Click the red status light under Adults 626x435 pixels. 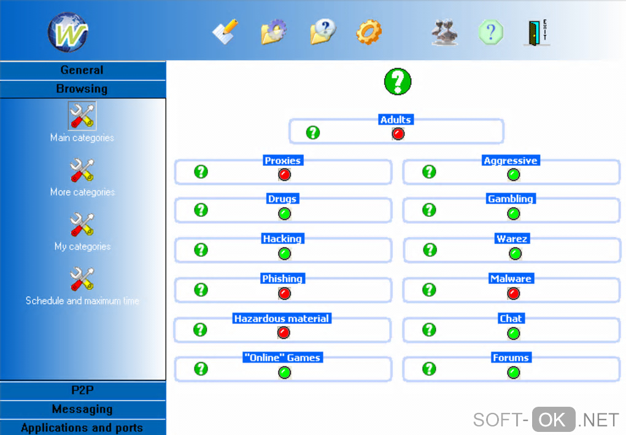398,133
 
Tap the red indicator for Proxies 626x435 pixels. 284,174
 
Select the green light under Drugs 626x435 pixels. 284,214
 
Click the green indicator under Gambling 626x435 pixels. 514,214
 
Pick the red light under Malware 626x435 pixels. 514,294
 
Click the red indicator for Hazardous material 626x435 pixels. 284,333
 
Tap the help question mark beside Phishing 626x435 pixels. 201,289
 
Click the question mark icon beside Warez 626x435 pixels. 430,249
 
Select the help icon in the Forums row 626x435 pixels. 430,369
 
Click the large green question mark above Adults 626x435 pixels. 397,81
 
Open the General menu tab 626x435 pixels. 82,70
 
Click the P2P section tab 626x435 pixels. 82,390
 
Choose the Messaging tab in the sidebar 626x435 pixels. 82,409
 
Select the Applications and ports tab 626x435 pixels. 82,428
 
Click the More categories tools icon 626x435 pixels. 82,170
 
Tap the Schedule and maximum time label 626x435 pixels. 82,301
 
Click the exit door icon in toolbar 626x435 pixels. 536,33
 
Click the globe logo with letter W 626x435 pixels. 68,32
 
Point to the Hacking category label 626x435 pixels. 282,239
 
